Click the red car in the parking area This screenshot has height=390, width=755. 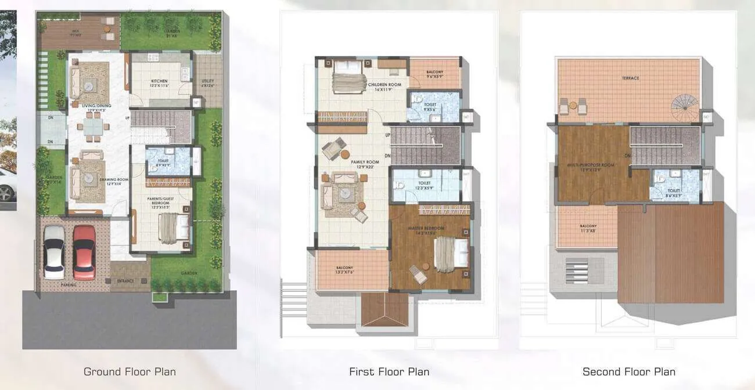84,252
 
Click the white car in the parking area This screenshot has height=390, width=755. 54,252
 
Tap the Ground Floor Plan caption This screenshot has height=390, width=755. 130,371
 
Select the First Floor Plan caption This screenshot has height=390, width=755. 389,371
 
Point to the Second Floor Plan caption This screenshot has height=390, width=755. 628,371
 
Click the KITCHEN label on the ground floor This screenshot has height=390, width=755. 160,81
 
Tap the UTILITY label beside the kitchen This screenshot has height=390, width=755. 207,81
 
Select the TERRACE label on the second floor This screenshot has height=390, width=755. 630,78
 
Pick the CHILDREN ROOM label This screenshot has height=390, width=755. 384,85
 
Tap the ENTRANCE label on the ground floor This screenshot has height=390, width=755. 125,281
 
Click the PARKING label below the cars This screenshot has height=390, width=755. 68,285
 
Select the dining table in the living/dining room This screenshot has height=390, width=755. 92,127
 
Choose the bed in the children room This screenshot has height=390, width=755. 347,73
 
